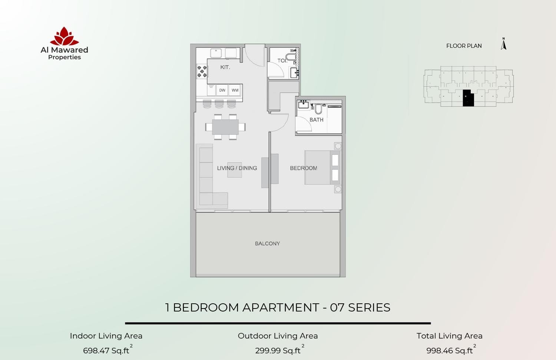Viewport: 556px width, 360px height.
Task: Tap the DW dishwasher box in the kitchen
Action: pyautogui.click(x=222, y=90)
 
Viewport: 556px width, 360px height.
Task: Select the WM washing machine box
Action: pyautogui.click(x=235, y=90)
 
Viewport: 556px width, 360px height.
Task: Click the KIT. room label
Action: pyautogui.click(x=225, y=67)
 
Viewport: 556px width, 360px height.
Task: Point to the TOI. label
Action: pyautogui.click(x=282, y=61)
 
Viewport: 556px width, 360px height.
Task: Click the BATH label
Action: pyautogui.click(x=317, y=120)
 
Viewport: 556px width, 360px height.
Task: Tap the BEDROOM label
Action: pyautogui.click(x=304, y=168)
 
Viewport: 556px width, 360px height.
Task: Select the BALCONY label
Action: pyautogui.click(x=267, y=243)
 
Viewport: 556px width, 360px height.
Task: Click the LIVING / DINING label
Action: pyautogui.click(x=237, y=168)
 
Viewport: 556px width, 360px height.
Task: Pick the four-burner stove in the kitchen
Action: pyautogui.click(x=202, y=71)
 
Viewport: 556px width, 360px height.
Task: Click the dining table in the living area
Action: pyautogui.click(x=225, y=127)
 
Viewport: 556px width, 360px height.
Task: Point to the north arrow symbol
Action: pyautogui.click(x=504, y=44)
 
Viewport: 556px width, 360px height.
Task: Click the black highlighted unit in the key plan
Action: pyautogui.click(x=468, y=98)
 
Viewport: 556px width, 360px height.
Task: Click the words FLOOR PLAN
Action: pyautogui.click(x=464, y=46)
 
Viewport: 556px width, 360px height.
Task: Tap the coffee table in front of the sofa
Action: pyautogui.click(x=235, y=170)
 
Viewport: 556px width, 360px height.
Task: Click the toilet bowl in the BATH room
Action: pyautogui.click(x=318, y=109)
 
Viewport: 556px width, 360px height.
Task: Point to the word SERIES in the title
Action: pyautogui.click(x=369, y=307)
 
